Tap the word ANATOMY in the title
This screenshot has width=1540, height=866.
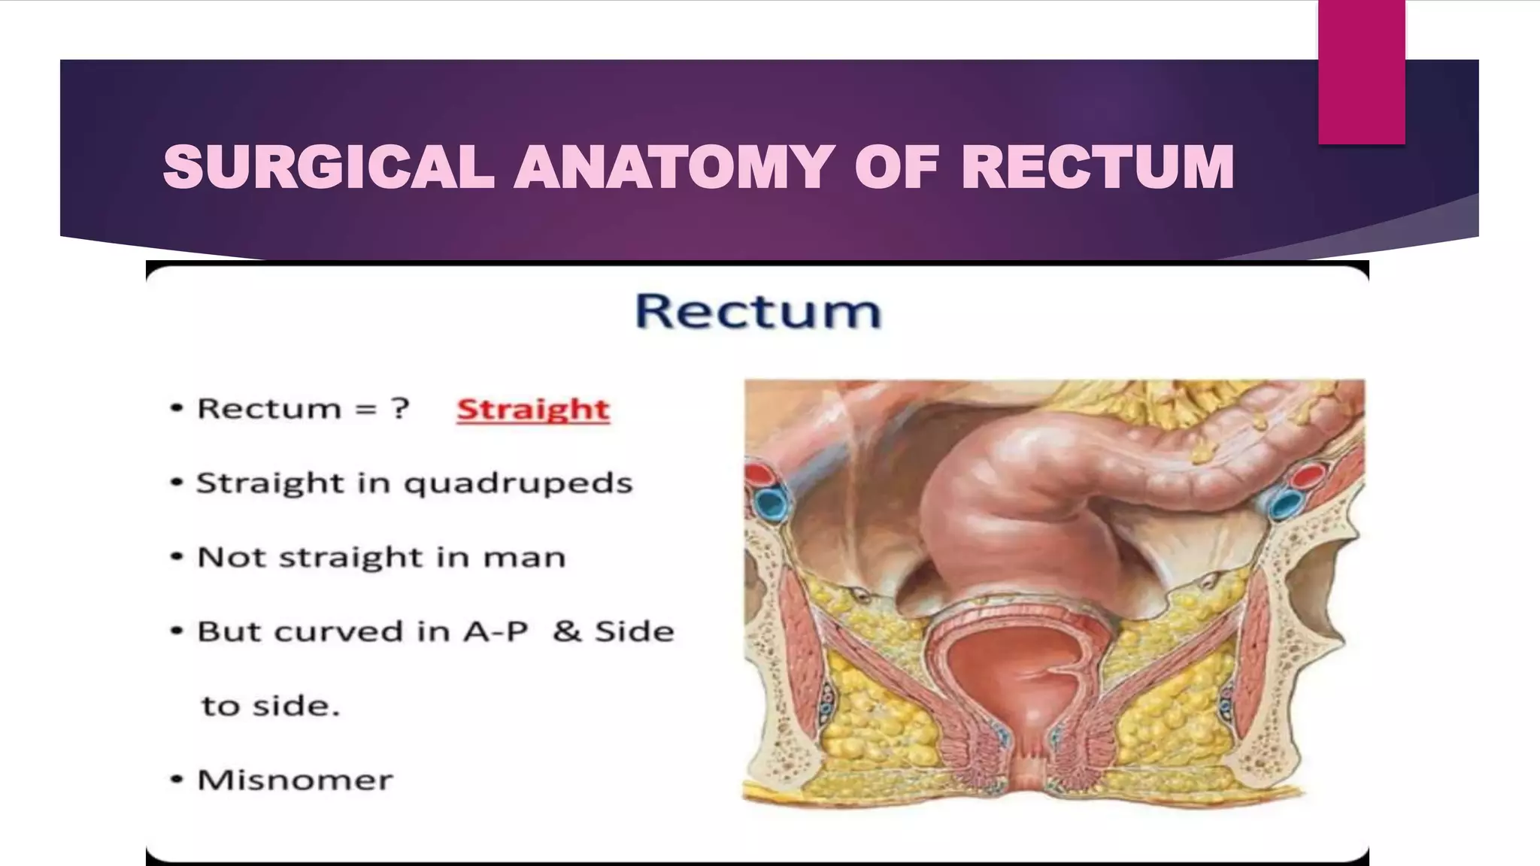pos(674,167)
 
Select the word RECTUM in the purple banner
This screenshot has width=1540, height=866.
pos(1097,167)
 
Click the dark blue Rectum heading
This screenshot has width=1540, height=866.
pos(758,310)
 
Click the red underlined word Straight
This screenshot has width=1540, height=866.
pos(533,410)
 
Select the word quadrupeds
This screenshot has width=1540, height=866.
pos(518,483)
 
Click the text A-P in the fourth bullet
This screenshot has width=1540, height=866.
pos(496,631)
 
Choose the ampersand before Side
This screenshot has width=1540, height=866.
pos(566,631)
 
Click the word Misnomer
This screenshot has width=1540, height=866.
pos(295,780)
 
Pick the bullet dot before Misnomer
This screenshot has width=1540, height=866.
pos(177,780)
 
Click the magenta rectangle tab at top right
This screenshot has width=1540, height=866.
pos(1361,71)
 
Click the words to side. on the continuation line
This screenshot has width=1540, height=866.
pos(271,706)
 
